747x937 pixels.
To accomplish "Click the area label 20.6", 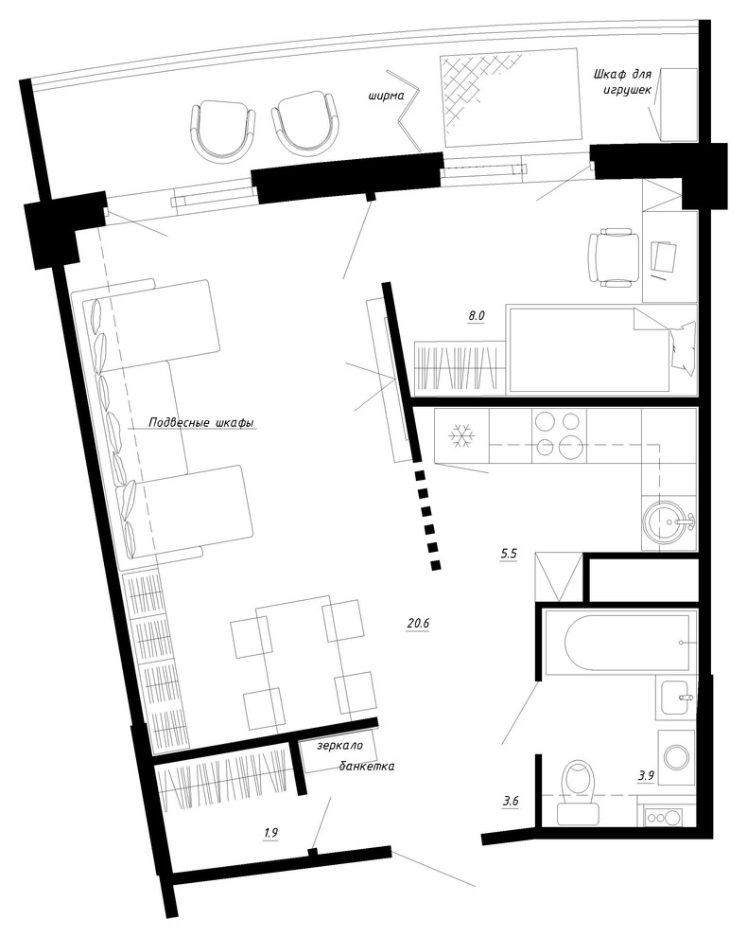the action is [418, 624].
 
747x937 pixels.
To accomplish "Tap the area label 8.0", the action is [476, 316].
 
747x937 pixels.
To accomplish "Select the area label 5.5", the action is [508, 554].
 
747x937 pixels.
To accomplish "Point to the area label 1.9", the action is [271, 833].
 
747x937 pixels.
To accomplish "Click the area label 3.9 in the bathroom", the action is [647, 776].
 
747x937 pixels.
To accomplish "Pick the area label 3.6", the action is [510, 802].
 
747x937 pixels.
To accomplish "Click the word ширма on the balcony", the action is [387, 96].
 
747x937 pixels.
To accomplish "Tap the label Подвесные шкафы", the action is [201, 423].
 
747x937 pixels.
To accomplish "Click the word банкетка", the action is [367, 766].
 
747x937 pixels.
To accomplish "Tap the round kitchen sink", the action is [668, 522].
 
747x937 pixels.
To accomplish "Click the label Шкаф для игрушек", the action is [622, 81].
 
